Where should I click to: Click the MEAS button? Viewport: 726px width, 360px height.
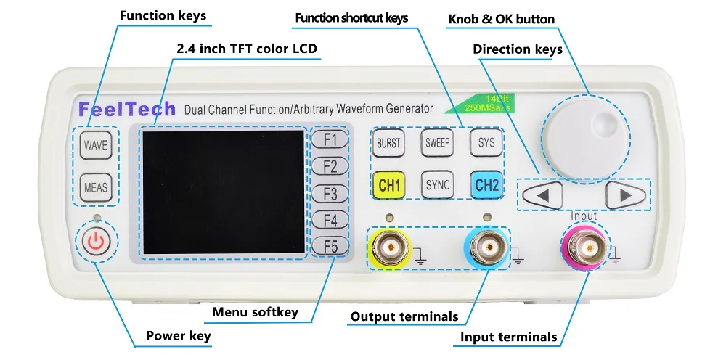pos(95,187)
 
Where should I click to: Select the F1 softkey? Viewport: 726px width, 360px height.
pos(330,139)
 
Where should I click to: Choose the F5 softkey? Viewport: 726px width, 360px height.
pos(330,247)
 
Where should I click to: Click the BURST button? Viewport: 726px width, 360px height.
pos(388,143)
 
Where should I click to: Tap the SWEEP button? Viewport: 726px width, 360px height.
pos(437,143)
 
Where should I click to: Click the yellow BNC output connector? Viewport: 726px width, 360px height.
pos(391,247)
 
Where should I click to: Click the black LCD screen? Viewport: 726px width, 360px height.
pos(223,192)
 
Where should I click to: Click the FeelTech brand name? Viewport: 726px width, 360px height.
pos(126,109)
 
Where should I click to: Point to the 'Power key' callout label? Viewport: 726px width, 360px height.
pos(179,335)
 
